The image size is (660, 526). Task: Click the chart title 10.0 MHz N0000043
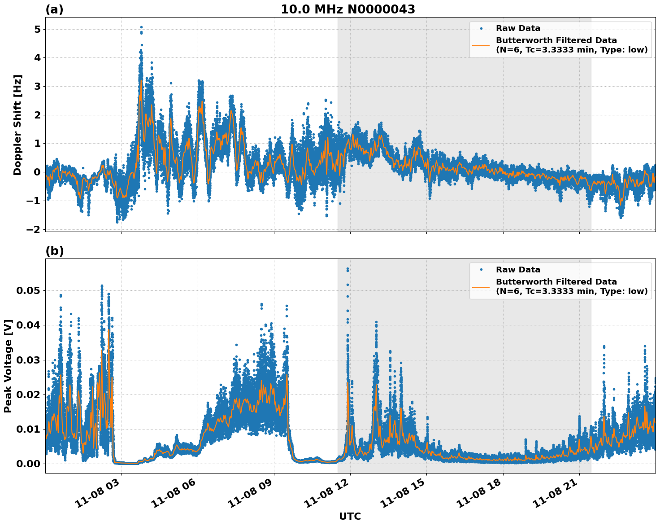click(x=347, y=9)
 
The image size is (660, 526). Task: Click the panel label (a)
click(x=55, y=9)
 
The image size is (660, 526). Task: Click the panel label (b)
click(x=55, y=251)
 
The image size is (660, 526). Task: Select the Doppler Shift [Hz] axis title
click(x=17, y=125)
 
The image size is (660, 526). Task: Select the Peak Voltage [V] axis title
click(x=8, y=366)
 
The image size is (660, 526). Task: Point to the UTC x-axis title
click(x=350, y=516)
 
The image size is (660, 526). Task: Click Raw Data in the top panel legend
click(x=518, y=28)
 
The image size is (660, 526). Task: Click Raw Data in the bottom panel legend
click(x=518, y=270)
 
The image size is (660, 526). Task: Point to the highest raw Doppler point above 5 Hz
click(x=141, y=27)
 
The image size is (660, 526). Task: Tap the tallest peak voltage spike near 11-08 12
click(x=347, y=268)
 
